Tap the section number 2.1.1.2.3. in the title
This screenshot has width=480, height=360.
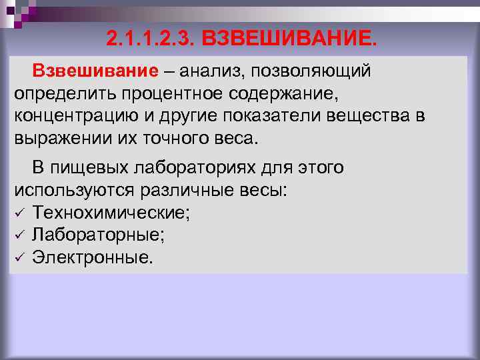pos(147,38)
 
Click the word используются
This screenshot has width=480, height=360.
pos(74,191)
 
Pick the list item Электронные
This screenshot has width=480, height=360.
pos(92,257)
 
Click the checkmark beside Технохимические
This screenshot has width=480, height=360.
pos(19,213)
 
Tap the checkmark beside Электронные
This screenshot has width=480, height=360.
pos(19,257)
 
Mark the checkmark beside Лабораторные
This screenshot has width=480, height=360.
pos(19,235)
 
